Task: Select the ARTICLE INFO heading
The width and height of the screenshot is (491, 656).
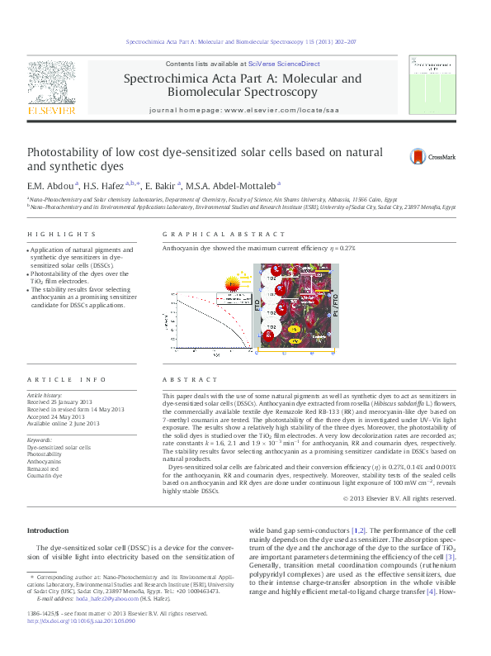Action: (x=67, y=379)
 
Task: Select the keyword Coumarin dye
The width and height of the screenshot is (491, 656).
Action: (x=45, y=477)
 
